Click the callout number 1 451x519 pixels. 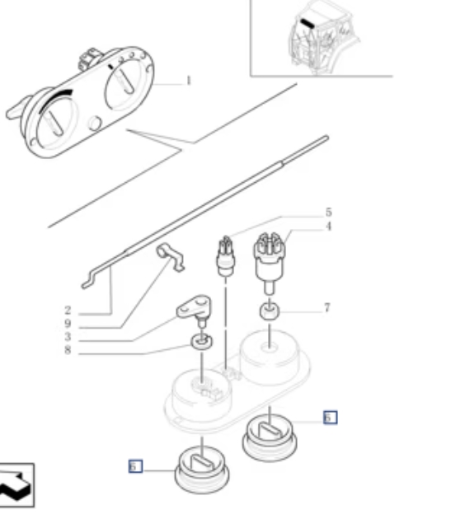[189, 81]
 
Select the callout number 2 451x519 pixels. [68, 311]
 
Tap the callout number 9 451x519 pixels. [68, 324]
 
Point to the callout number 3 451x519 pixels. [68, 337]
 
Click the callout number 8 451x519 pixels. [68, 349]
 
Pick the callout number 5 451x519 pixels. [328, 212]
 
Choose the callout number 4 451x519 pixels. [328, 227]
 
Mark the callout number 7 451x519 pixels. [327, 308]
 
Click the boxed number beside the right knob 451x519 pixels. [331, 418]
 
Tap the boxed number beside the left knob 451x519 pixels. [135, 466]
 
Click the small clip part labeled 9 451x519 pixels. [170, 256]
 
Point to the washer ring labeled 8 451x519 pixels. [202, 342]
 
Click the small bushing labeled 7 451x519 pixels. [270, 311]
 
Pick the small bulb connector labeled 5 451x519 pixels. [226, 256]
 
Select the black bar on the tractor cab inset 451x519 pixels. [308, 24]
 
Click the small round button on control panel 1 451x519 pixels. [95, 123]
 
